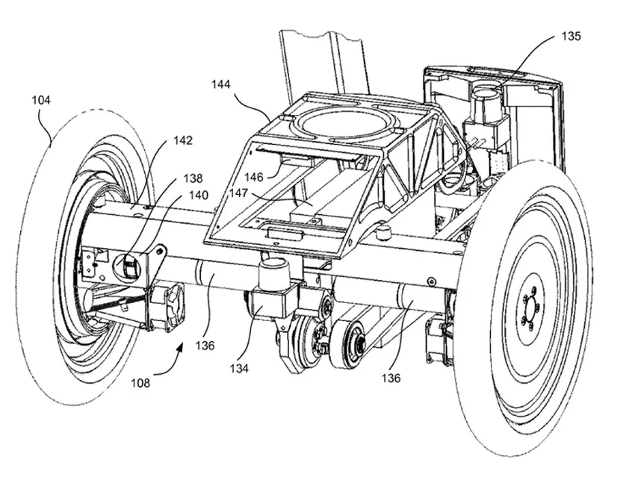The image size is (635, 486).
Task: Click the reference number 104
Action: point(41,99)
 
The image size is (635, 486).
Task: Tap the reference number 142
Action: point(182,140)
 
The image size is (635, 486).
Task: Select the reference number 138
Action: point(192,179)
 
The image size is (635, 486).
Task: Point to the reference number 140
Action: point(199,196)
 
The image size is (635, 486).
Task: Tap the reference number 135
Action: point(569,35)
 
